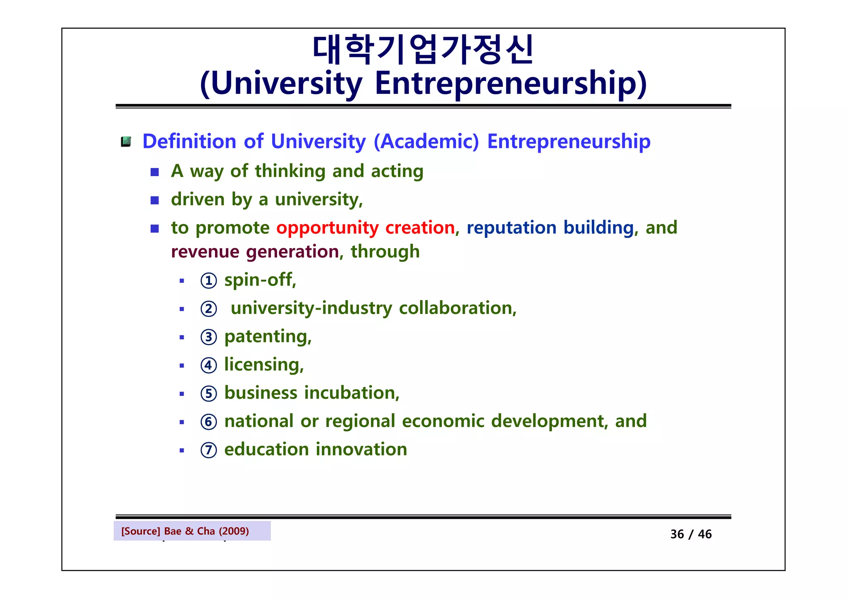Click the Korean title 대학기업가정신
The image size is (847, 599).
pos(423,50)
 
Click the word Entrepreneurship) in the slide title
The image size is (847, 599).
pos(510,84)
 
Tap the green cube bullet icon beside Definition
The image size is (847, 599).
pos(126,142)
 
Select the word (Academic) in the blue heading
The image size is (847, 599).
pos(426,141)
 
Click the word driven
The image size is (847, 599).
pos(198,199)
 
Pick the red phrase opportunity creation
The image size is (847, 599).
pos(366,228)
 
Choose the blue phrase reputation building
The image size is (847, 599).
pos(550,228)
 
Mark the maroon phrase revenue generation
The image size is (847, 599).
pos(255,252)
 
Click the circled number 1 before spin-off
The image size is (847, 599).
pos(208,281)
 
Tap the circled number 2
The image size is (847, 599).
pos(208,309)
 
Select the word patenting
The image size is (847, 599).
pos(267,337)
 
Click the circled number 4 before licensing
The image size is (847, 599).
pos(208,365)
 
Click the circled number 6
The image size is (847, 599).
pos(208,422)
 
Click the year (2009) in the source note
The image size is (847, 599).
pos(234,531)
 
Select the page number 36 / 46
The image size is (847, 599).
pos(691,534)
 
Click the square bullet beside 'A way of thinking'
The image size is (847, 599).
pos(155,172)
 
